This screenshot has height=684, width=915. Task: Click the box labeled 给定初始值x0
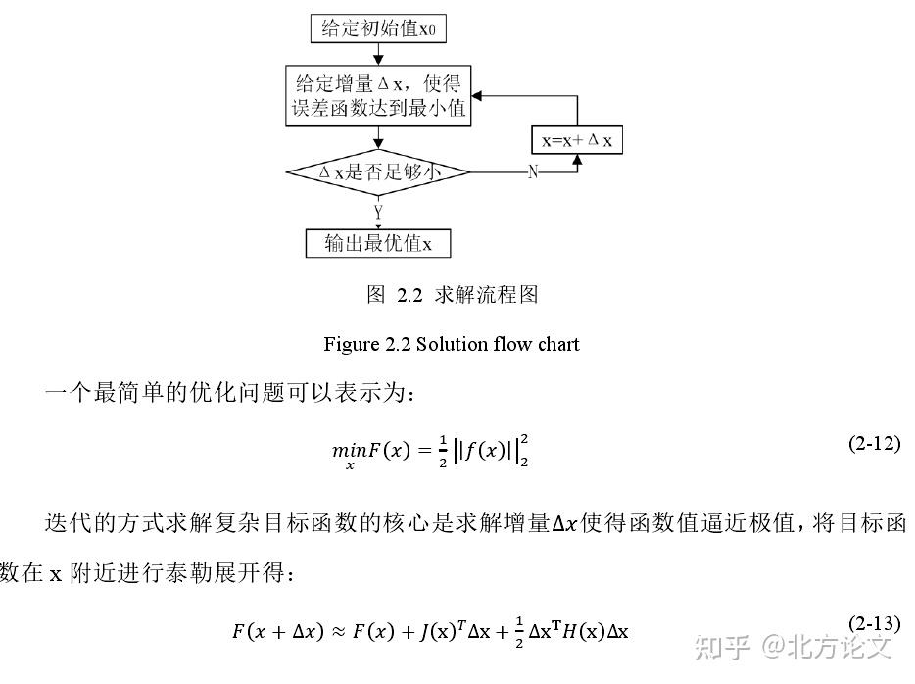tap(378, 28)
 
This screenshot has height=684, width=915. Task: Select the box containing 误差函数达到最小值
tap(378, 96)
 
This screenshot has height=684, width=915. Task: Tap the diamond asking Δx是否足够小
tap(378, 172)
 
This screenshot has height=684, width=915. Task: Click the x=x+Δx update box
tap(577, 140)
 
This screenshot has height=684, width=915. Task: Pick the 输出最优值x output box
tap(378, 243)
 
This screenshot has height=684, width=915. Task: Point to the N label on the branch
tap(533, 172)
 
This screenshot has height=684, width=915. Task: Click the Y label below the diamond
tap(379, 212)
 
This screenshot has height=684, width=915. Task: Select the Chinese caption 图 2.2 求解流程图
tap(453, 295)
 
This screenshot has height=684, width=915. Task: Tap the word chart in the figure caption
tap(558, 344)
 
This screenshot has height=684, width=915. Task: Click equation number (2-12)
tap(874, 444)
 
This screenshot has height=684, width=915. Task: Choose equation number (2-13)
tap(874, 624)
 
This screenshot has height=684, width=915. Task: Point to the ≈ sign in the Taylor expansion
tap(338, 632)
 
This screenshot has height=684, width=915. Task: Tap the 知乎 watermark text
tap(722, 647)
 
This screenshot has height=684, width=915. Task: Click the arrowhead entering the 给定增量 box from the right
tap(476, 96)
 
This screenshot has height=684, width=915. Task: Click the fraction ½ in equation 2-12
tap(443, 451)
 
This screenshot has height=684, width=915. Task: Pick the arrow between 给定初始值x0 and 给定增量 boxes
tap(378, 54)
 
